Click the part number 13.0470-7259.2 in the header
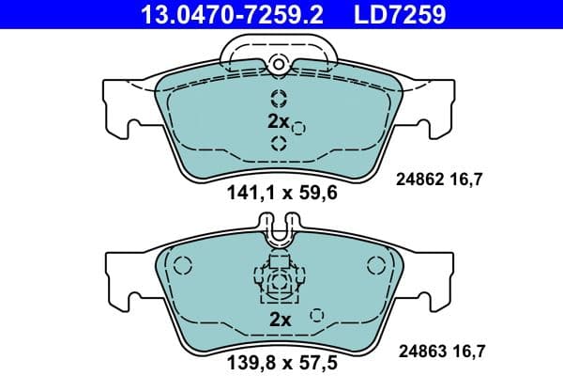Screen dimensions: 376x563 coord(220,14)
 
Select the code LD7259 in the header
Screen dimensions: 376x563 coord(399,14)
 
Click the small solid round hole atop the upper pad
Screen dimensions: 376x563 coord(278,64)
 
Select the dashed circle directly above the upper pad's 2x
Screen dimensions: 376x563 coord(278,99)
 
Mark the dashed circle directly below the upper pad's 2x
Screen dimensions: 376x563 coord(278,143)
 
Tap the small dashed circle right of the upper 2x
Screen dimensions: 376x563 coord(299,128)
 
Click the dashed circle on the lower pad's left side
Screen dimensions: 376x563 coord(184,266)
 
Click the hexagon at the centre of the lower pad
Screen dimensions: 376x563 coord(278,281)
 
